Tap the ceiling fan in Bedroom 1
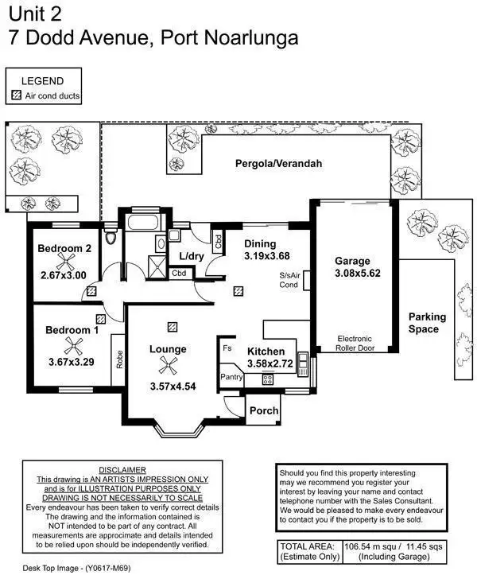click(73, 344)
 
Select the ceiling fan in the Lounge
click(168, 365)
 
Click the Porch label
click(262, 411)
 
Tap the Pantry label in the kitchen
click(231, 377)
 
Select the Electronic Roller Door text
click(354, 342)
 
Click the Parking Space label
click(427, 323)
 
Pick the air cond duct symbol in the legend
click(16, 95)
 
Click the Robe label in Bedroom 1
click(118, 360)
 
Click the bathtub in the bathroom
click(144, 222)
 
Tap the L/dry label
click(192, 256)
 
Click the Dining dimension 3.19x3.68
click(260, 256)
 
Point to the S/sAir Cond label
click(289, 280)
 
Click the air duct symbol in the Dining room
click(238, 291)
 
